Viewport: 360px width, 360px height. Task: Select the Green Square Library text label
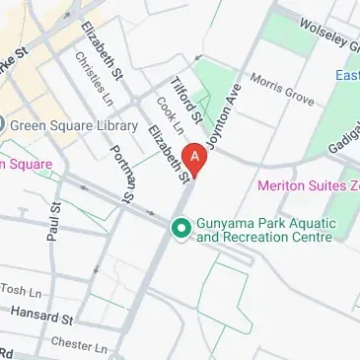pyautogui.click(x=67, y=124)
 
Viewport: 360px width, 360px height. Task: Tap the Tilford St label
pyautogui.click(x=185, y=99)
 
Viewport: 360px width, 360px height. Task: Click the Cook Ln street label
pyautogui.click(x=170, y=119)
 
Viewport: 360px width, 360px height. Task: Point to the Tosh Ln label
pyautogui.click(x=22, y=288)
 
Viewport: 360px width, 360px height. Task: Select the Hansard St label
pyautogui.click(x=41, y=316)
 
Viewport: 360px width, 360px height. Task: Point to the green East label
pyautogui.click(x=347, y=76)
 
